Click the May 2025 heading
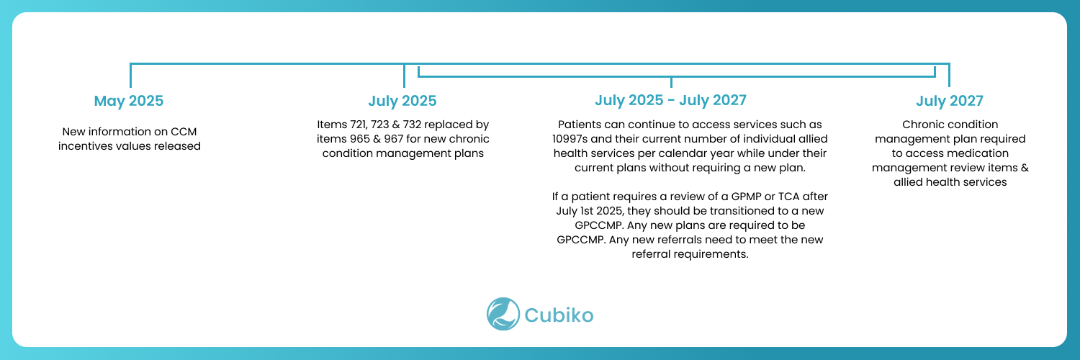coord(129,101)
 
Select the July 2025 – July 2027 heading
coord(670,100)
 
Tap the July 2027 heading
coord(950,101)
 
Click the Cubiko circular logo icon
coord(503,314)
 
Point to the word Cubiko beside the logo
coord(559,315)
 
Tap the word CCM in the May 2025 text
coord(184,132)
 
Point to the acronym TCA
coord(789,197)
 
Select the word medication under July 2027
coord(979,153)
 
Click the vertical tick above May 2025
coord(130,75)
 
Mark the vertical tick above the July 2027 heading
coord(949,75)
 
